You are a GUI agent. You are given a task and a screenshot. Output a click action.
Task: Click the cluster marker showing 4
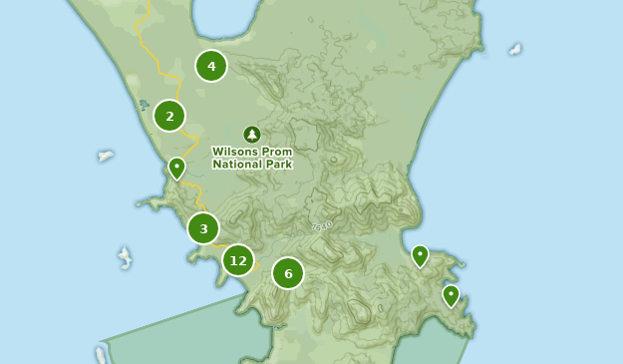pos(211,66)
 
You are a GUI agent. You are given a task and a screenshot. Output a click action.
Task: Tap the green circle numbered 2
pos(169,116)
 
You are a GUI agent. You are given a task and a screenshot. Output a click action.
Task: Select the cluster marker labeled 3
pos(203,228)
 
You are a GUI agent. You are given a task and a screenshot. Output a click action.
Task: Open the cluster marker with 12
pos(237,260)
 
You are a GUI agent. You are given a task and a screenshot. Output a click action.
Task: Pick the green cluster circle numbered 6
pos(288,272)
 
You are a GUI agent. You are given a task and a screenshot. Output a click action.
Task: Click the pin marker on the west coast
pos(176,168)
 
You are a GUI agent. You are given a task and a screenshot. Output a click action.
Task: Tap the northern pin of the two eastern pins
pos(420,256)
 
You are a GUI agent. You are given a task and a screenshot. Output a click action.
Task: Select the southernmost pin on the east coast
pos(451,295)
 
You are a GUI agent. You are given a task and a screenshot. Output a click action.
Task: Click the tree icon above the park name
pos(251,134)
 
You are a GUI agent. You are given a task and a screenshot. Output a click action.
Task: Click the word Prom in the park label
pos(278,152)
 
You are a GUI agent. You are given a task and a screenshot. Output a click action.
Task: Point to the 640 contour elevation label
pos(321,226)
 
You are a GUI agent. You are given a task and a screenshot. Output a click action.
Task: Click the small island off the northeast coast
pos(514,48)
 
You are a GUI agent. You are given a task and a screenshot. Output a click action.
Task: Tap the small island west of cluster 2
pos(106,156)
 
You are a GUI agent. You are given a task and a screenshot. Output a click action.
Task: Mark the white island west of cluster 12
pos(125,257)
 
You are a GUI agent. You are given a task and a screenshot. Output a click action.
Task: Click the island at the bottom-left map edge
pos(101,355)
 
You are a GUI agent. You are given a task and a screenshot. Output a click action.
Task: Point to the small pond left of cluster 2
pos(145,104)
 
